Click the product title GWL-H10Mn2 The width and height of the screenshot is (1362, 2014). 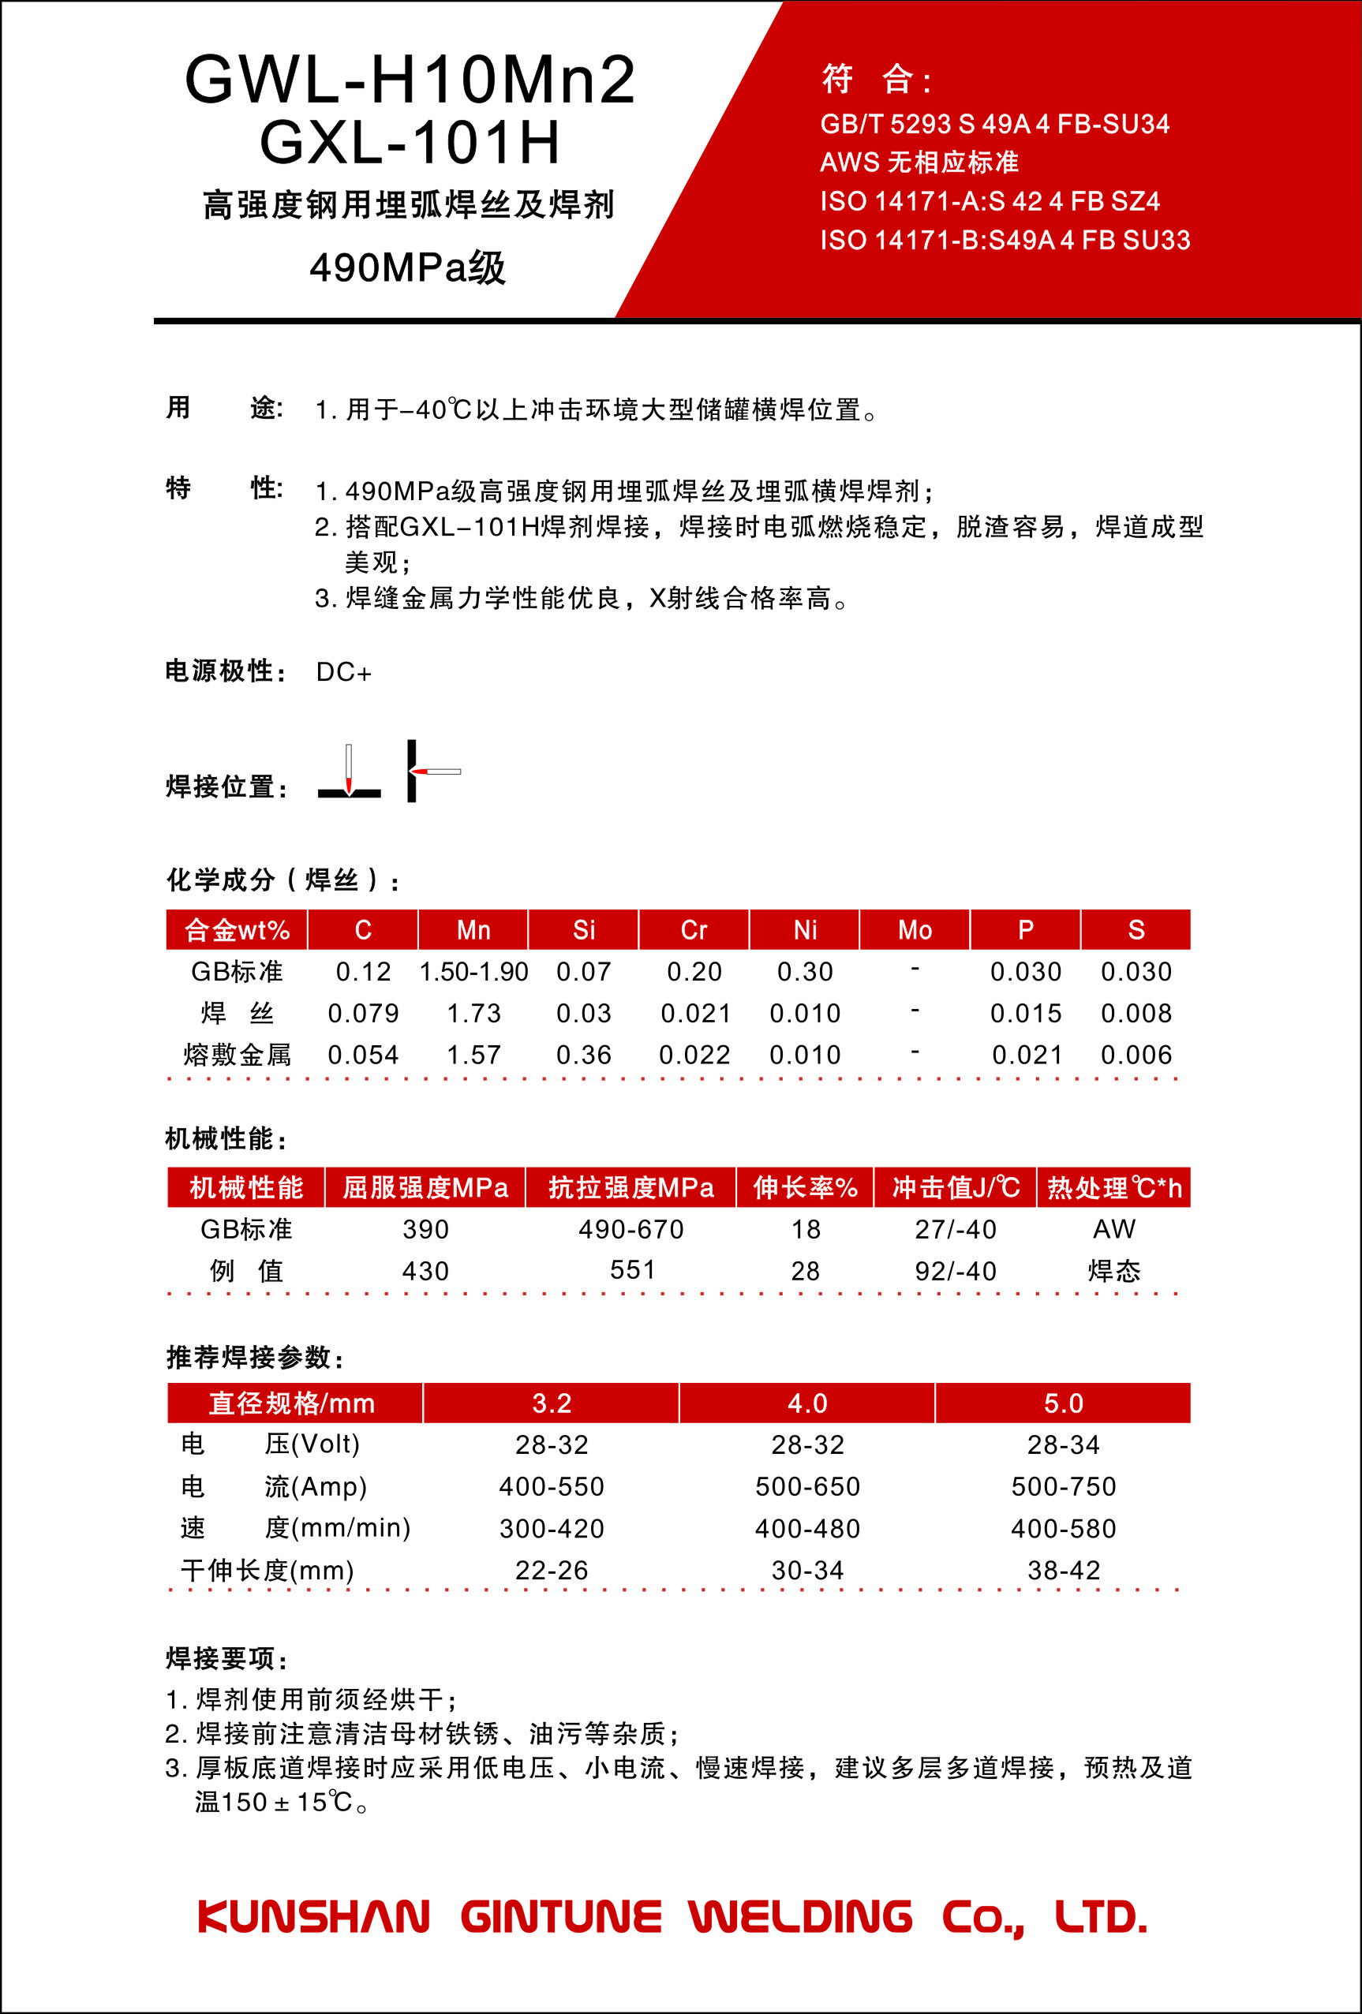point(410,80)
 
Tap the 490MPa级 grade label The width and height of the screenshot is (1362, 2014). point(407,267)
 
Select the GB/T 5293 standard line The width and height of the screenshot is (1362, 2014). point(994,125)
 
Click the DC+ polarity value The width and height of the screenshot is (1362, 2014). point(343,672)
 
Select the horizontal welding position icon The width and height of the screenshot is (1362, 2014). point(432,771)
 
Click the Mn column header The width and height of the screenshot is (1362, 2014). point(473,930)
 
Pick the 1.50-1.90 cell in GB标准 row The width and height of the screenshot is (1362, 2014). point(473,971)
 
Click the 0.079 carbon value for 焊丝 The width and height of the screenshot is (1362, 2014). point(363,1013)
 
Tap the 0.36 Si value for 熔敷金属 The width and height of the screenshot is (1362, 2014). point(583,1055)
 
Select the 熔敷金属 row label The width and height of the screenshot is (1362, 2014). point(237,1055)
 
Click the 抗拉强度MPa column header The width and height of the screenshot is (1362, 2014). point(631,1187)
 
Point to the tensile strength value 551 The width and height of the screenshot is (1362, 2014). point(632,1269)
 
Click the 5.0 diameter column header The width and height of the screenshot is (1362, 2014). point(1063,1403)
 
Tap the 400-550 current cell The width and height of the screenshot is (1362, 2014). point(552,1486)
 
